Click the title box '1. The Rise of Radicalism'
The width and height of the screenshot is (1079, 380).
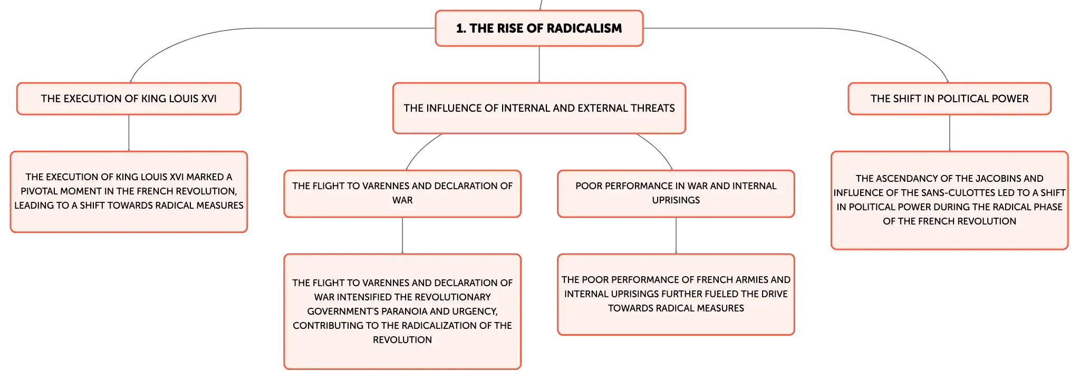pyautogui.click(x=539, y=28)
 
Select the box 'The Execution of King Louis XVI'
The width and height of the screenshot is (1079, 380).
pyautogui.click(x=129, y=99)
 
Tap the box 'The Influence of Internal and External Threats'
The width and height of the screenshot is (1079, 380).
pyautogui.click(x=539, y=108)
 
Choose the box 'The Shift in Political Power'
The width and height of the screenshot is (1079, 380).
pyautogui.click(x=949, y=99)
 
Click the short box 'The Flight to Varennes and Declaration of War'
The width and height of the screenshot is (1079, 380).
pyautogui.click(x=402, y=193)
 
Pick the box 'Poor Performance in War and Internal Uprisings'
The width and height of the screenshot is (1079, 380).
pyautogui.click(x=676, y=193)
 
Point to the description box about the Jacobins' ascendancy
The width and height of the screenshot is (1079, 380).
pyautogui.click(x=949, y=200)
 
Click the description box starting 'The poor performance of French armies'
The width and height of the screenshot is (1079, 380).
pyautogui.click(x=676, y=295)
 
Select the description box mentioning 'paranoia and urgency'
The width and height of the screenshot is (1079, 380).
pyautogui.click(x=402, y=311)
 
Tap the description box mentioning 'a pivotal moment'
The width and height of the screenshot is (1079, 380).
pyautogui.click(x=129, y=192)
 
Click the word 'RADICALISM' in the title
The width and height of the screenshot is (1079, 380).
pyautogui.click(x=584, y=28)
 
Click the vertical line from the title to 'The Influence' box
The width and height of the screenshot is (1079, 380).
pyautogui.click(x=539, y=64)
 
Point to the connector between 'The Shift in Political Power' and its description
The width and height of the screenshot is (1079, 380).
pyautogui.click(x=949, y=133)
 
